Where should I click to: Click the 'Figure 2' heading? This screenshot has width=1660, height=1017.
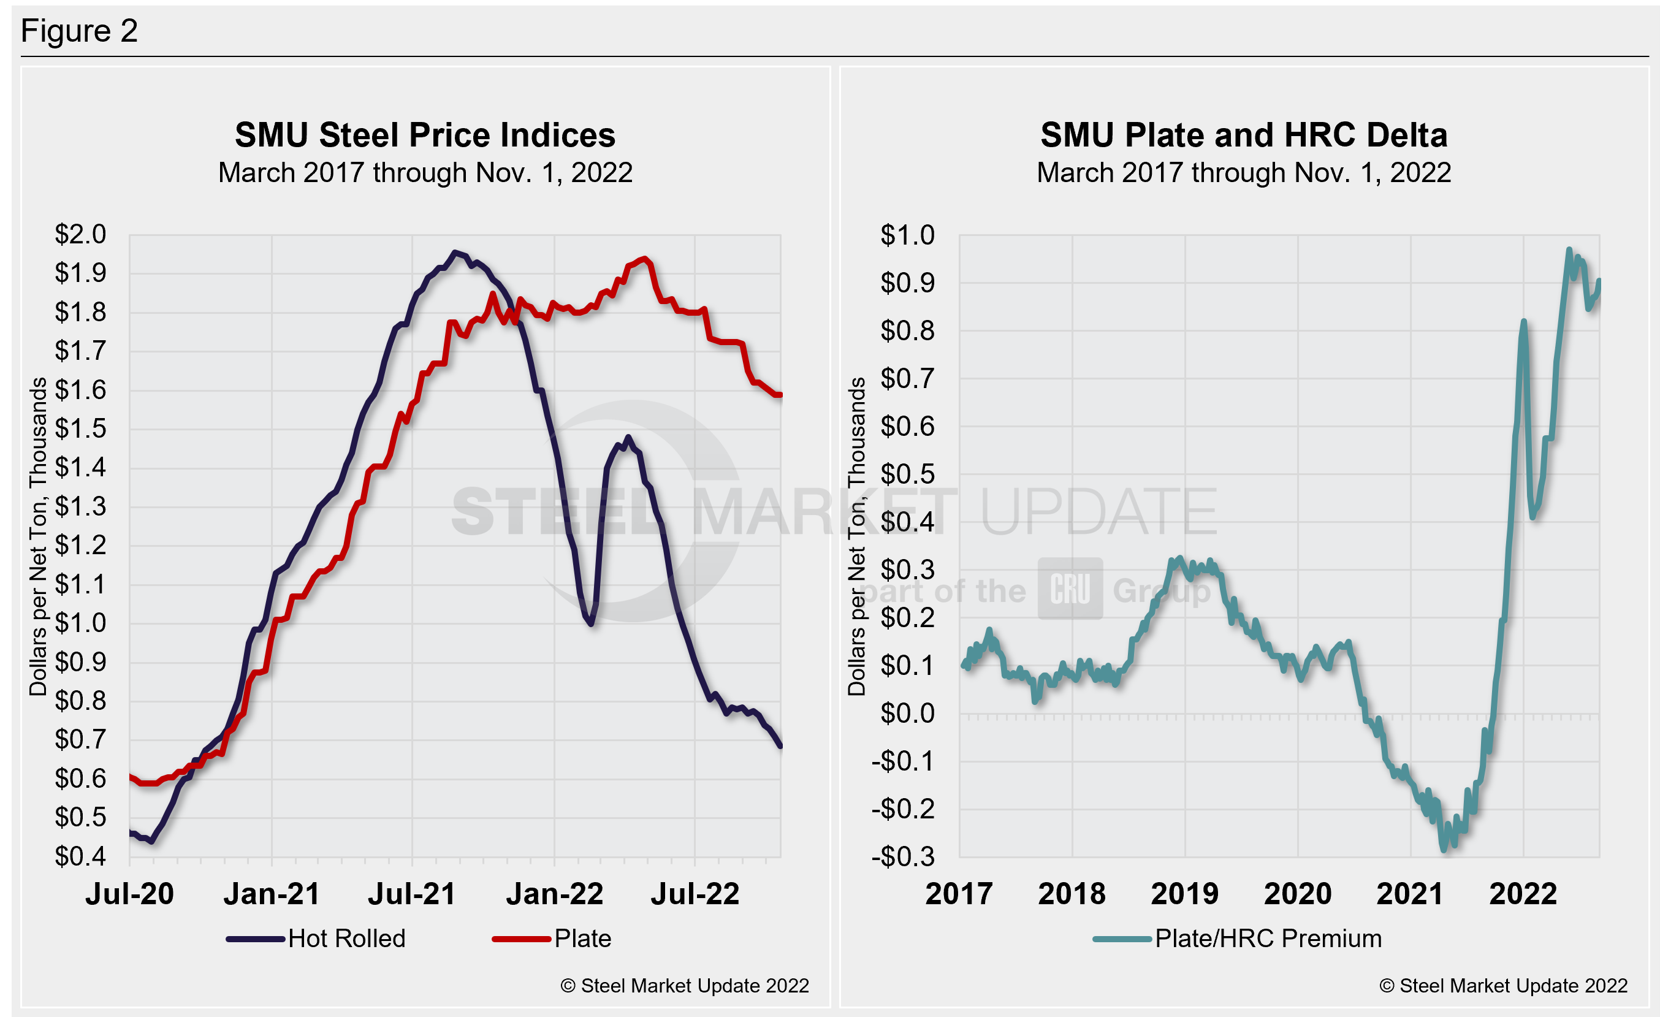(79, 31)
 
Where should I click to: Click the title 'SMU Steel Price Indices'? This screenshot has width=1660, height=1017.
(424, 135)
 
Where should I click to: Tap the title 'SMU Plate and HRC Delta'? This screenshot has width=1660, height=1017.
(1244, 135)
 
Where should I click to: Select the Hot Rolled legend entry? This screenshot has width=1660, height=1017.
(317, 938)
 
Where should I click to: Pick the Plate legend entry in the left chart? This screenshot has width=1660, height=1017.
(552, 938)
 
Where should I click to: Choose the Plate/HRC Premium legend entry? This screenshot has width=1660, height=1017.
(1238, 938)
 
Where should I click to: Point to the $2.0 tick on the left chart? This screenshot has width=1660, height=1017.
(80, 234)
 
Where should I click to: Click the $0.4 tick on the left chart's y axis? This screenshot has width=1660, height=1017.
(80, 856)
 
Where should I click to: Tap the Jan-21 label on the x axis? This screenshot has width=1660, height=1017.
(272, 894)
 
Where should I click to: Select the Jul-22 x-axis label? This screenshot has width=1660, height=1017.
(695, 894)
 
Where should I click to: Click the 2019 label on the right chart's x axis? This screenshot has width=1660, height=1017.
(1184, 894)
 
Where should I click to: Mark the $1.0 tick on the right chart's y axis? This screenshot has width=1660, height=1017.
(907, 235)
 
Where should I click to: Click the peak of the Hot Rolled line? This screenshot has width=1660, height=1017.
(455, 253)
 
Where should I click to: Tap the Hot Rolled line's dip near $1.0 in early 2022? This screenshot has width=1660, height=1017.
(591, 623)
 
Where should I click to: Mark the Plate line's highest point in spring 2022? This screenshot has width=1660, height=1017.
(645, 259)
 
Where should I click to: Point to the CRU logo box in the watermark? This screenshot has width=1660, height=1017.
(1070, 588)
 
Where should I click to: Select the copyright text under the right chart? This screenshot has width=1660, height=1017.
(1503, 985)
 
